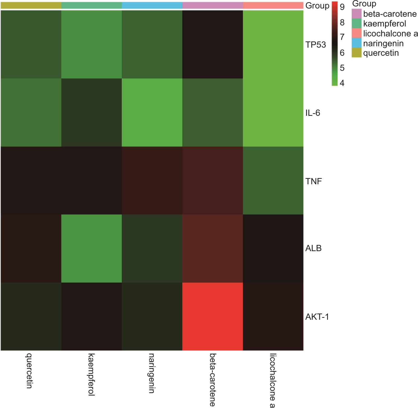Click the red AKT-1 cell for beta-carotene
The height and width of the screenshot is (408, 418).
point(213,316)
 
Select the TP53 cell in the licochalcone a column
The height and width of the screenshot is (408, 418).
point(273,44)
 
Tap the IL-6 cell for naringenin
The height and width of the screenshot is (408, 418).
point(152,112)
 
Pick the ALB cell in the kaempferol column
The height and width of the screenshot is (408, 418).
point(91,248)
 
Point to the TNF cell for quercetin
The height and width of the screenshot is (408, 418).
point(31,180)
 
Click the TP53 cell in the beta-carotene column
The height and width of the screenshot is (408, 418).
point(213,44)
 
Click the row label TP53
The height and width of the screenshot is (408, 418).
point(316,45)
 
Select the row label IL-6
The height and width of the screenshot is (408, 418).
point(313,113)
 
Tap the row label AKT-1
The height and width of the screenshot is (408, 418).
point(317,317)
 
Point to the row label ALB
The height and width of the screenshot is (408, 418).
point(313,248)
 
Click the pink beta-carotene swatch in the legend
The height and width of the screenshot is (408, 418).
point(356,14)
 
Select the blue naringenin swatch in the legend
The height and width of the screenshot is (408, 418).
point(356,43)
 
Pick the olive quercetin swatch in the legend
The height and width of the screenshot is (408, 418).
point(356,53)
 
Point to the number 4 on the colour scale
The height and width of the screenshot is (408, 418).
point(342,83)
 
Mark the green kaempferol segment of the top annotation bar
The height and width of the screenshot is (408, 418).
point(91,5)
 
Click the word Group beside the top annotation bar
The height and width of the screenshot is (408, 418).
point(317,6)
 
